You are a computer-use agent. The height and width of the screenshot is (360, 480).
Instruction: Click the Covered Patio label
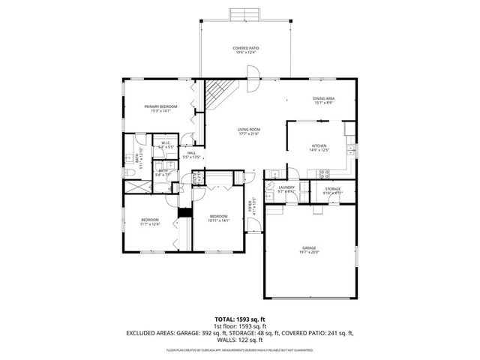point(244,50)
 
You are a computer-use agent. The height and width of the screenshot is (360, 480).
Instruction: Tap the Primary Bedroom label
point(160,109)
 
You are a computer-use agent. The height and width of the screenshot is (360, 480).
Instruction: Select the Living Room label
point(248,131)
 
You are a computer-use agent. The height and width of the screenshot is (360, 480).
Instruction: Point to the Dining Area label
point(323,100)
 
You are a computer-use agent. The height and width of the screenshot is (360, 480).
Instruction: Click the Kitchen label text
point(320,148)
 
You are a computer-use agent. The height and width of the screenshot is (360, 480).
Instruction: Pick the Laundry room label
point(286,190)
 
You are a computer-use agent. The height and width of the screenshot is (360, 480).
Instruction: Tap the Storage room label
point(332,190)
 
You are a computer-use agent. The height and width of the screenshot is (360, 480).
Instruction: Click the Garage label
point(309,250)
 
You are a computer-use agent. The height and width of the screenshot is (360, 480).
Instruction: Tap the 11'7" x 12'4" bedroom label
point(150,222)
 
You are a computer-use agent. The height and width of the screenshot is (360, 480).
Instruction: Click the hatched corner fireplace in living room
point(218,92)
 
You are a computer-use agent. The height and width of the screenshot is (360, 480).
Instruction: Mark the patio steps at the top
point(244,15)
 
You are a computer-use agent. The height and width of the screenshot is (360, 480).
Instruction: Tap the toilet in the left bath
point(130,172)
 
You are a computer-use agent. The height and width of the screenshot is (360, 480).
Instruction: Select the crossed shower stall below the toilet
point(137,186)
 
